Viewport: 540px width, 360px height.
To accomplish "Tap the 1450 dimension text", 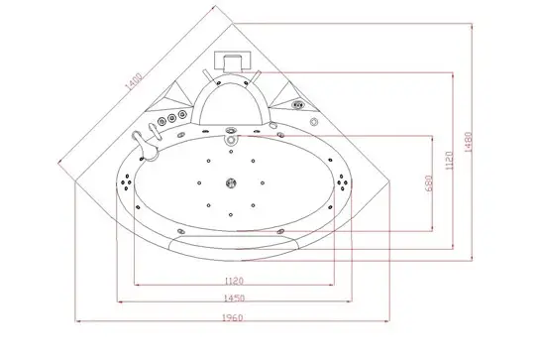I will [234, 297].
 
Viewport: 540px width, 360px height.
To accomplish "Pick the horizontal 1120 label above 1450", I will [234, 279].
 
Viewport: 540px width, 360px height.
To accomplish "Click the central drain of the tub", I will [233, 183].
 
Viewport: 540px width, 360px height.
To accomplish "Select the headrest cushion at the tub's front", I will [233, 241].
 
